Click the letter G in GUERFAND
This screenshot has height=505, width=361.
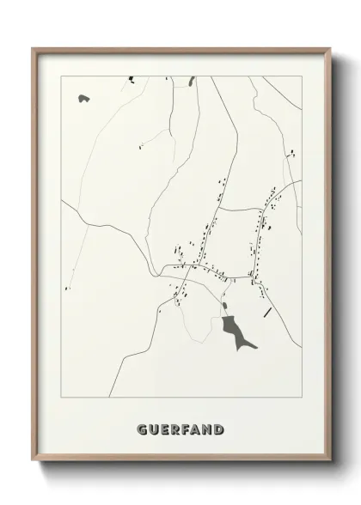141,429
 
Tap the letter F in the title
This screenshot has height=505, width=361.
182,429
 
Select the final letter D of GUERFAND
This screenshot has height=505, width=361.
220,429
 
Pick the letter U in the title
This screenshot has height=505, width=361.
152,429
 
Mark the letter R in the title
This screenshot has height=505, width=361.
173,429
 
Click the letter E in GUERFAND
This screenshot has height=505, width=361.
162,429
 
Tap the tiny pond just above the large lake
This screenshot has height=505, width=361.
225,306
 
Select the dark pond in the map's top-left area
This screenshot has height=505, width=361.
83,99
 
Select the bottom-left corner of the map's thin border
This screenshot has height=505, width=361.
60,398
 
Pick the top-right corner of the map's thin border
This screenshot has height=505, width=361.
303,76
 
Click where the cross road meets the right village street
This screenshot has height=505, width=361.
260,208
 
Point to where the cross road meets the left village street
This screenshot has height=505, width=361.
215,210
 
